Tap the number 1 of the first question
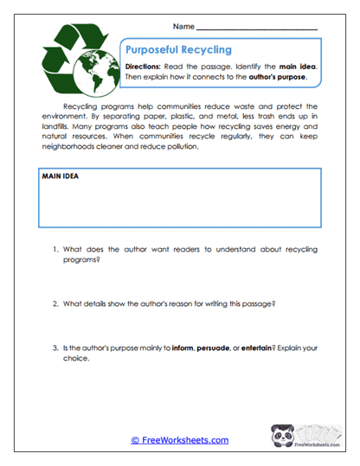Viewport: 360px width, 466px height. (55, 250)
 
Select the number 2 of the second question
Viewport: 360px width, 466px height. (55, 303)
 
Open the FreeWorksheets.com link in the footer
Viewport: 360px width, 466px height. (179, 440)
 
